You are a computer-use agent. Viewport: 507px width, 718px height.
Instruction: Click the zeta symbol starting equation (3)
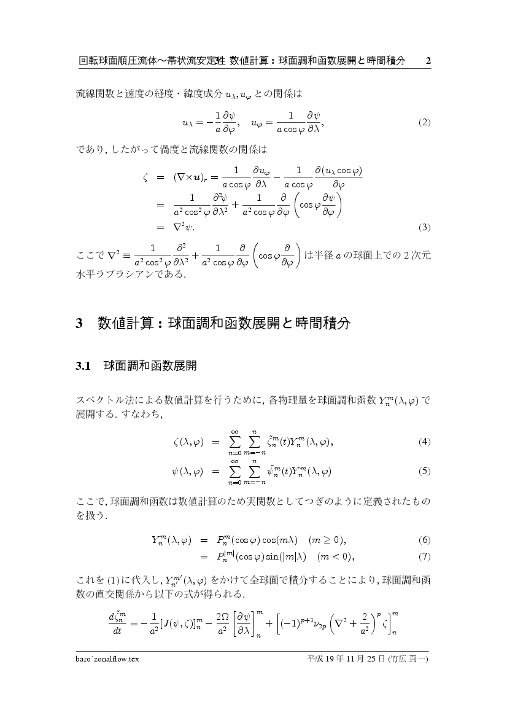click(x=145, y=177)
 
